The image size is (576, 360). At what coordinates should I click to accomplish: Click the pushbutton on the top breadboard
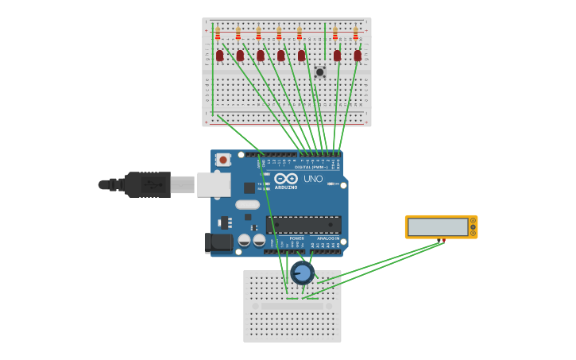[x=320, y=72]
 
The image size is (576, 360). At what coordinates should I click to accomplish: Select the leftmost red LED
[x=220, y=56]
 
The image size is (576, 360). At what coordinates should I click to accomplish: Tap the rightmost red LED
[x=358, y=56]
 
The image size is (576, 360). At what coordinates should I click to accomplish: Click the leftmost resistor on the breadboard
[x=218, y=34]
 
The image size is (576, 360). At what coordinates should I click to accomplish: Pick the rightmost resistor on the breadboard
[x=355, y=34]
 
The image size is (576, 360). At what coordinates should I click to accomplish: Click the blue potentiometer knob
[x=302, y=273]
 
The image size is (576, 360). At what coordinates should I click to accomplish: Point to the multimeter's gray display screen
[x=438, y=227]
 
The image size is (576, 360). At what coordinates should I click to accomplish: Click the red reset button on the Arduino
[x=223, y=160]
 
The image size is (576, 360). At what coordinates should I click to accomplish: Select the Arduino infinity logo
[x=286, y=179]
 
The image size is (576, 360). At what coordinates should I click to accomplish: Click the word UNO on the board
[x=313, y=180]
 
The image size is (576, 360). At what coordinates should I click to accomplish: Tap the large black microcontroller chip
[x=303, y=225]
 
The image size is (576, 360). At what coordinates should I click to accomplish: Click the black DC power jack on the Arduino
[x=218, y=242]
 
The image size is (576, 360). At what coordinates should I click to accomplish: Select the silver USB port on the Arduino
[x=213, y=185]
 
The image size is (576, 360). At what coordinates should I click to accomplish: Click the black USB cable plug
[x=148, y=184]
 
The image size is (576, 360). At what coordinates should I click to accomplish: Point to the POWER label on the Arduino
[x=296, y=238]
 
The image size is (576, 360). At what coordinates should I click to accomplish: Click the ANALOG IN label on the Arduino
[x=329, y=238]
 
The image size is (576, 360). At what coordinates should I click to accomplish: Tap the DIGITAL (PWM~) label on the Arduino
[x=311, y=167]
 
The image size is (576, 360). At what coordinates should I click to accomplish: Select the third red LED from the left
[x=261, y=56]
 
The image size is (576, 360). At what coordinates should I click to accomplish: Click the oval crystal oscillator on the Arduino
[x=247, y=204]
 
